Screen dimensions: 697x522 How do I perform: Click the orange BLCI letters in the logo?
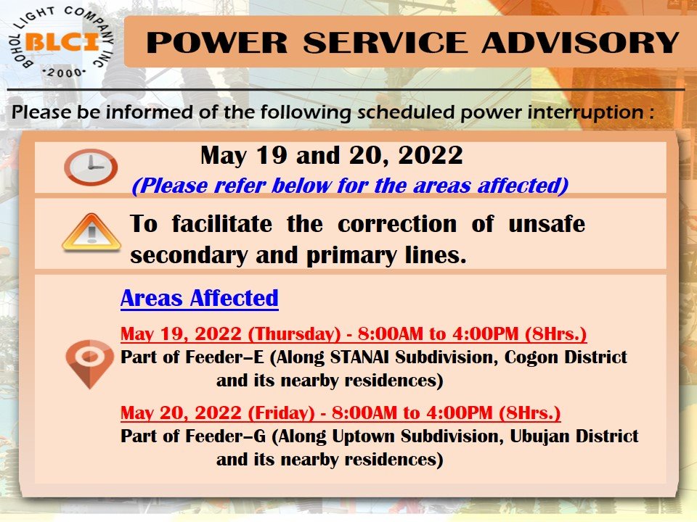[62, 43]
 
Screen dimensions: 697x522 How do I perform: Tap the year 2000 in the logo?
[65, 72]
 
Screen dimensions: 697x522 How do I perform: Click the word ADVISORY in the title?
[580, 43]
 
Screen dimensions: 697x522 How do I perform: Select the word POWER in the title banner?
[217, 43]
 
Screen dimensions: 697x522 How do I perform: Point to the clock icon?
[91, 167]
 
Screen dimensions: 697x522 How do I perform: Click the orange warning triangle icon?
[91, 233]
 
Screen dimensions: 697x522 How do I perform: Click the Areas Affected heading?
[199, 298]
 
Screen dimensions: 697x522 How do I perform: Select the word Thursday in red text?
[294, 333]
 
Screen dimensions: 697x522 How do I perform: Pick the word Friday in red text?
[281, 413]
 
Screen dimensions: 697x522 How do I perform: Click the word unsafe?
[546, 223]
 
